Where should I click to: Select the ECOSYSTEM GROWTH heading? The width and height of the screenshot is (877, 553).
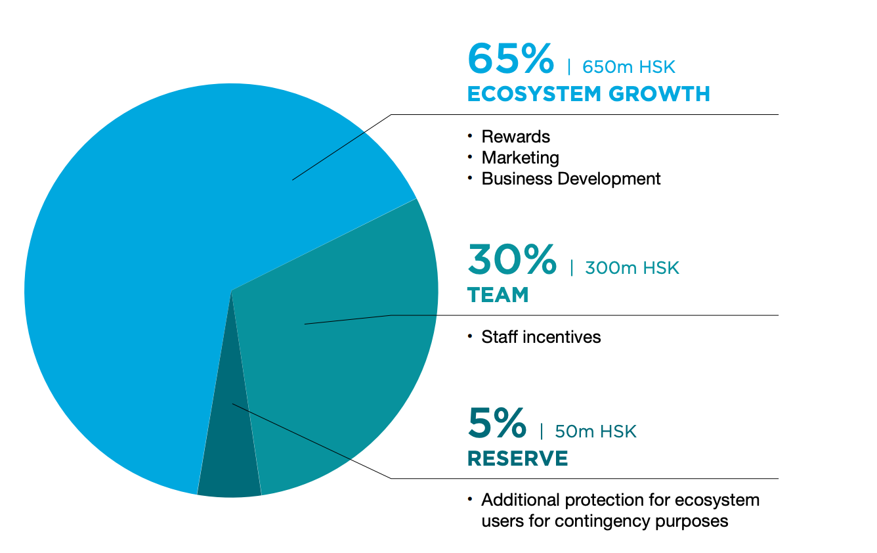(x=588, y=94)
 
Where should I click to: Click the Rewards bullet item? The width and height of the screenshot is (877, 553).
(x=515, y=137)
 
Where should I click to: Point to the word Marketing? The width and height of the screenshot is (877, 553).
(x=520, y=158)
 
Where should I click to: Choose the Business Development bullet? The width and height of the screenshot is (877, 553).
(x=570, y=179)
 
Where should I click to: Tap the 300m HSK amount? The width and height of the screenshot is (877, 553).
(x=631, y=268)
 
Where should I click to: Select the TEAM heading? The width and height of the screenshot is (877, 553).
(x=498, y=295)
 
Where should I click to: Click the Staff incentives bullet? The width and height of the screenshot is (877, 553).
(x=541, y=337)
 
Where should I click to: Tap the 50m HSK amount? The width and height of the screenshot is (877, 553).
(x=595, y=431)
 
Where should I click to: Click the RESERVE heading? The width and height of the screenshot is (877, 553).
(x=517, y=458)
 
